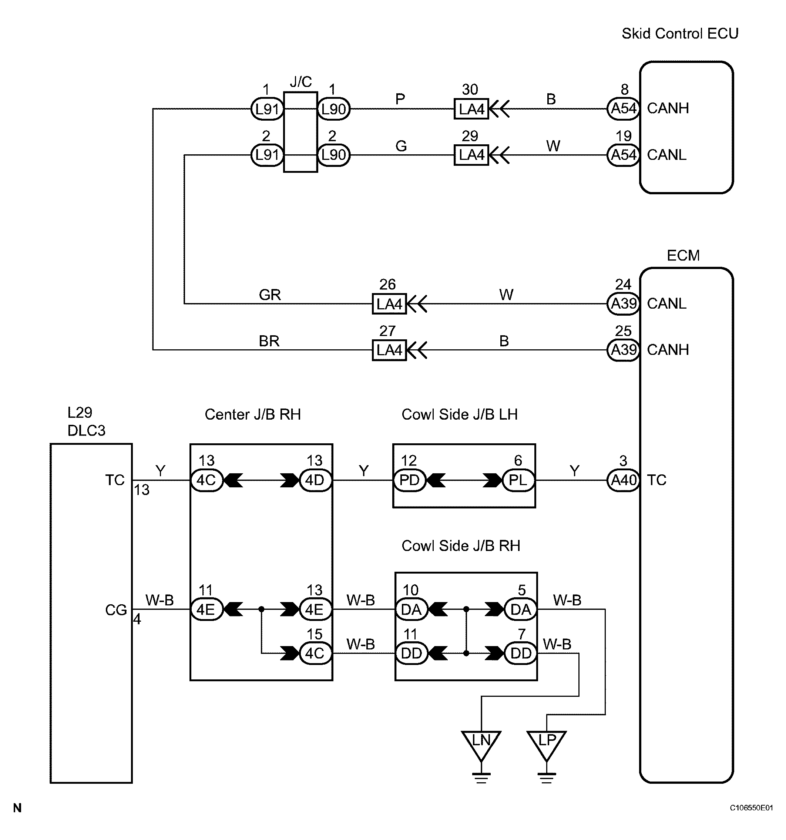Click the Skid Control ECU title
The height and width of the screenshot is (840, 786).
680,33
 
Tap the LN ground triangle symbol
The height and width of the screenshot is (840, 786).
481,745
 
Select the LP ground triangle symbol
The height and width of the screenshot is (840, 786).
547,745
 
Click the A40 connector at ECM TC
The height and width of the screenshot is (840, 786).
623,480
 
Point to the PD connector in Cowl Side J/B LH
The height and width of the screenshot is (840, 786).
409,480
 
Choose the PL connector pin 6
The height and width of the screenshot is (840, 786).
518,480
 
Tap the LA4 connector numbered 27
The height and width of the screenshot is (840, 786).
389,350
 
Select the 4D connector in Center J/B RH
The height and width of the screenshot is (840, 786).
315,480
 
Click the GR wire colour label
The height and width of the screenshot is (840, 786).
270,295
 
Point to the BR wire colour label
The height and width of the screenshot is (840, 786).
269,341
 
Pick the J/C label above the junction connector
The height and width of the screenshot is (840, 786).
301,81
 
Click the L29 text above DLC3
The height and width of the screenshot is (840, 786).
80,412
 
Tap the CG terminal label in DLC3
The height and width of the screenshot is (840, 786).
116,610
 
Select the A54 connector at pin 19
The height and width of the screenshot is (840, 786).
623,155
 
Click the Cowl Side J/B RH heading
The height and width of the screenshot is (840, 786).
461,545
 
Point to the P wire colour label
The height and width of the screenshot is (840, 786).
400,99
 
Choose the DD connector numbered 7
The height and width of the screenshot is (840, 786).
521,653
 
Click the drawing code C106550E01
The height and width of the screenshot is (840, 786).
751,807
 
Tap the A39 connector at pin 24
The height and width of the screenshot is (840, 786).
623,303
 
